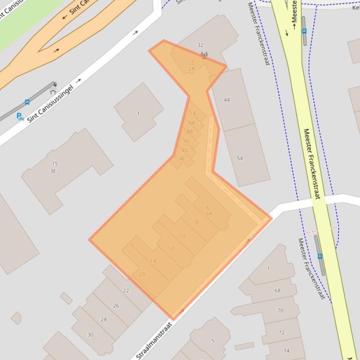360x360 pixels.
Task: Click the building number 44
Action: (227, 100)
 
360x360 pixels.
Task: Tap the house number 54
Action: (240, 158)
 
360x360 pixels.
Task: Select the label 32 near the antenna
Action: (200, 45)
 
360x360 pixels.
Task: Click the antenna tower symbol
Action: (204, 55)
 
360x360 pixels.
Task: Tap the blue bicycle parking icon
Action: (20, 116)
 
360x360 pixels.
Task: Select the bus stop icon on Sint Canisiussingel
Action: (27, 102)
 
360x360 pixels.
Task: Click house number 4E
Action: (183, 158)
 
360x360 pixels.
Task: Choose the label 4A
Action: (191, 123)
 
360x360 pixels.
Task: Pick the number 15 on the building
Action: (55, 163)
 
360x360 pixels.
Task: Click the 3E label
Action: (53, 171)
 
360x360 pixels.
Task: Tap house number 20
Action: (142, 274)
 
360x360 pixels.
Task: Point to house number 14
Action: (153, 261)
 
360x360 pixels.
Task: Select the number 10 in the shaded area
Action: (182, 236)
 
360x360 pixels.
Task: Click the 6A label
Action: (209, 214)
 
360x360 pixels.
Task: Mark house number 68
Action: (278, 290)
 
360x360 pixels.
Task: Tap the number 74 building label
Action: (287, 351)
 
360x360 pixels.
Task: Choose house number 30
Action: (90, 335)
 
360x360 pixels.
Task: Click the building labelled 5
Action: (213, 341)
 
